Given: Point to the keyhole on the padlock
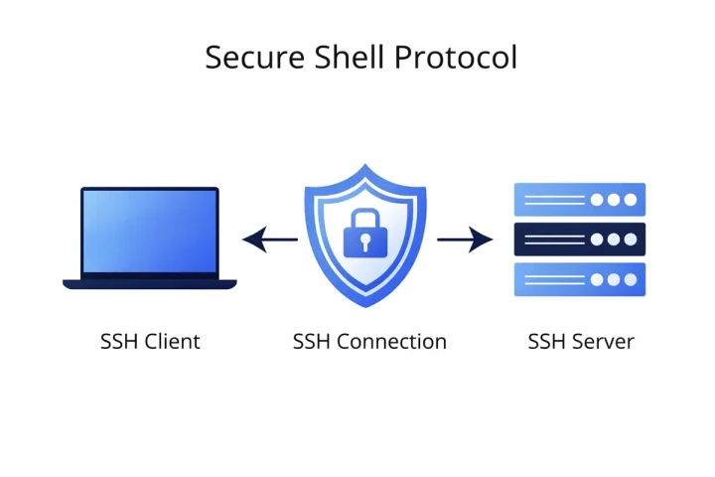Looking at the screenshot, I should click(364, 241).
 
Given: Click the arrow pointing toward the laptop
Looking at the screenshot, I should click(269, 239).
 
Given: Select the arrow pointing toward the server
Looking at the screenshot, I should click(465, 239).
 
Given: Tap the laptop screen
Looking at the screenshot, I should click(150, 232).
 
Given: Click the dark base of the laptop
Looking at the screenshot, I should click(150, 284).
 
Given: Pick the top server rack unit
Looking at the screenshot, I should click(579, 200).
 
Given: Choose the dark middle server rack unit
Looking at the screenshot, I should click(579, 239).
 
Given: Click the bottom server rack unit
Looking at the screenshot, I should click(579, 279).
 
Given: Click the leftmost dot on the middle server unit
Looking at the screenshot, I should click(597, 239).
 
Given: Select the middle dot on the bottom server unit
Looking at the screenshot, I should click(614, 279).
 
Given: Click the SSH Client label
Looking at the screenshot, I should click(150, 342).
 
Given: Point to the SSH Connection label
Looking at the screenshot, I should click(369, 342).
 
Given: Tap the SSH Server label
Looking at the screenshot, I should click(581, 342).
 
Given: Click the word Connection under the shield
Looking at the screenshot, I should click(391, 342).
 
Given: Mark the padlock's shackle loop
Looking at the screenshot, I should click(364, 219).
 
